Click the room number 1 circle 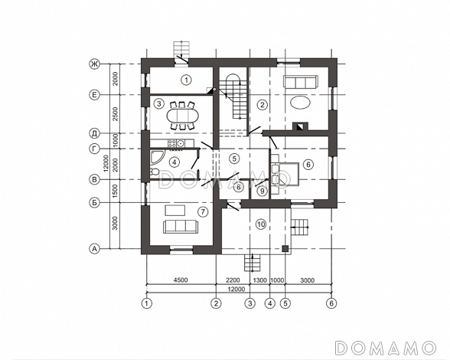[187, 80]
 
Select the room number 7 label [203, 212]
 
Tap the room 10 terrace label [261, 224]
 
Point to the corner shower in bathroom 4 [157, 157]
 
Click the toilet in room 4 [154, 172]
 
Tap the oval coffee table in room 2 [301, 102]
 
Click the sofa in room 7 [181, 227]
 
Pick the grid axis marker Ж [94, 64]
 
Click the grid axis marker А [94, 248]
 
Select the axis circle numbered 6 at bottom [331, 303]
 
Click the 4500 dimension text [181, 280]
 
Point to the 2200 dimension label [233, 280]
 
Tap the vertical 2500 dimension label [115, 114]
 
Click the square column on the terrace [285, 248]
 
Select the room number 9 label [262, 191]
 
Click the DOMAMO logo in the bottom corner [386, 348]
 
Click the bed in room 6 [285, 175]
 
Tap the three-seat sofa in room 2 [301, 82]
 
